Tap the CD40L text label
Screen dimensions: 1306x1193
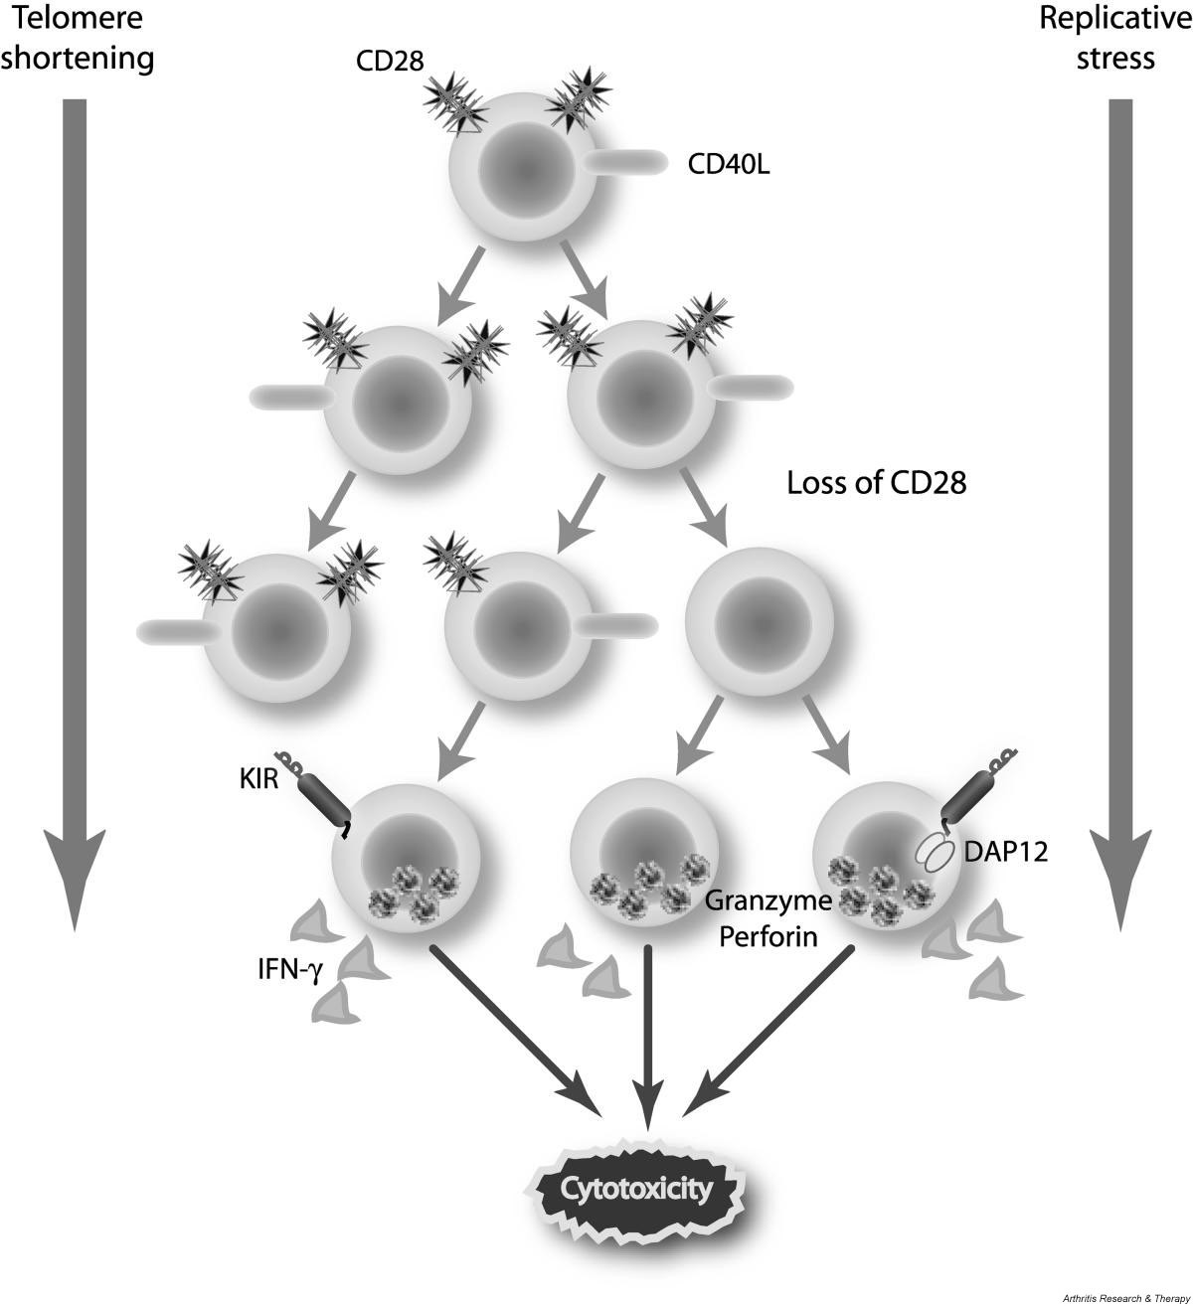(x=729, y=163)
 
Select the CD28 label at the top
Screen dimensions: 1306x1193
(x=390, y=62)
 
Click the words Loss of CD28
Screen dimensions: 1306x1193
(x=877, y=484)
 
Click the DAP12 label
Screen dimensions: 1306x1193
(x=1005, y=851)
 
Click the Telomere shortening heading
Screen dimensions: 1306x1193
(x=78, y=38)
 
